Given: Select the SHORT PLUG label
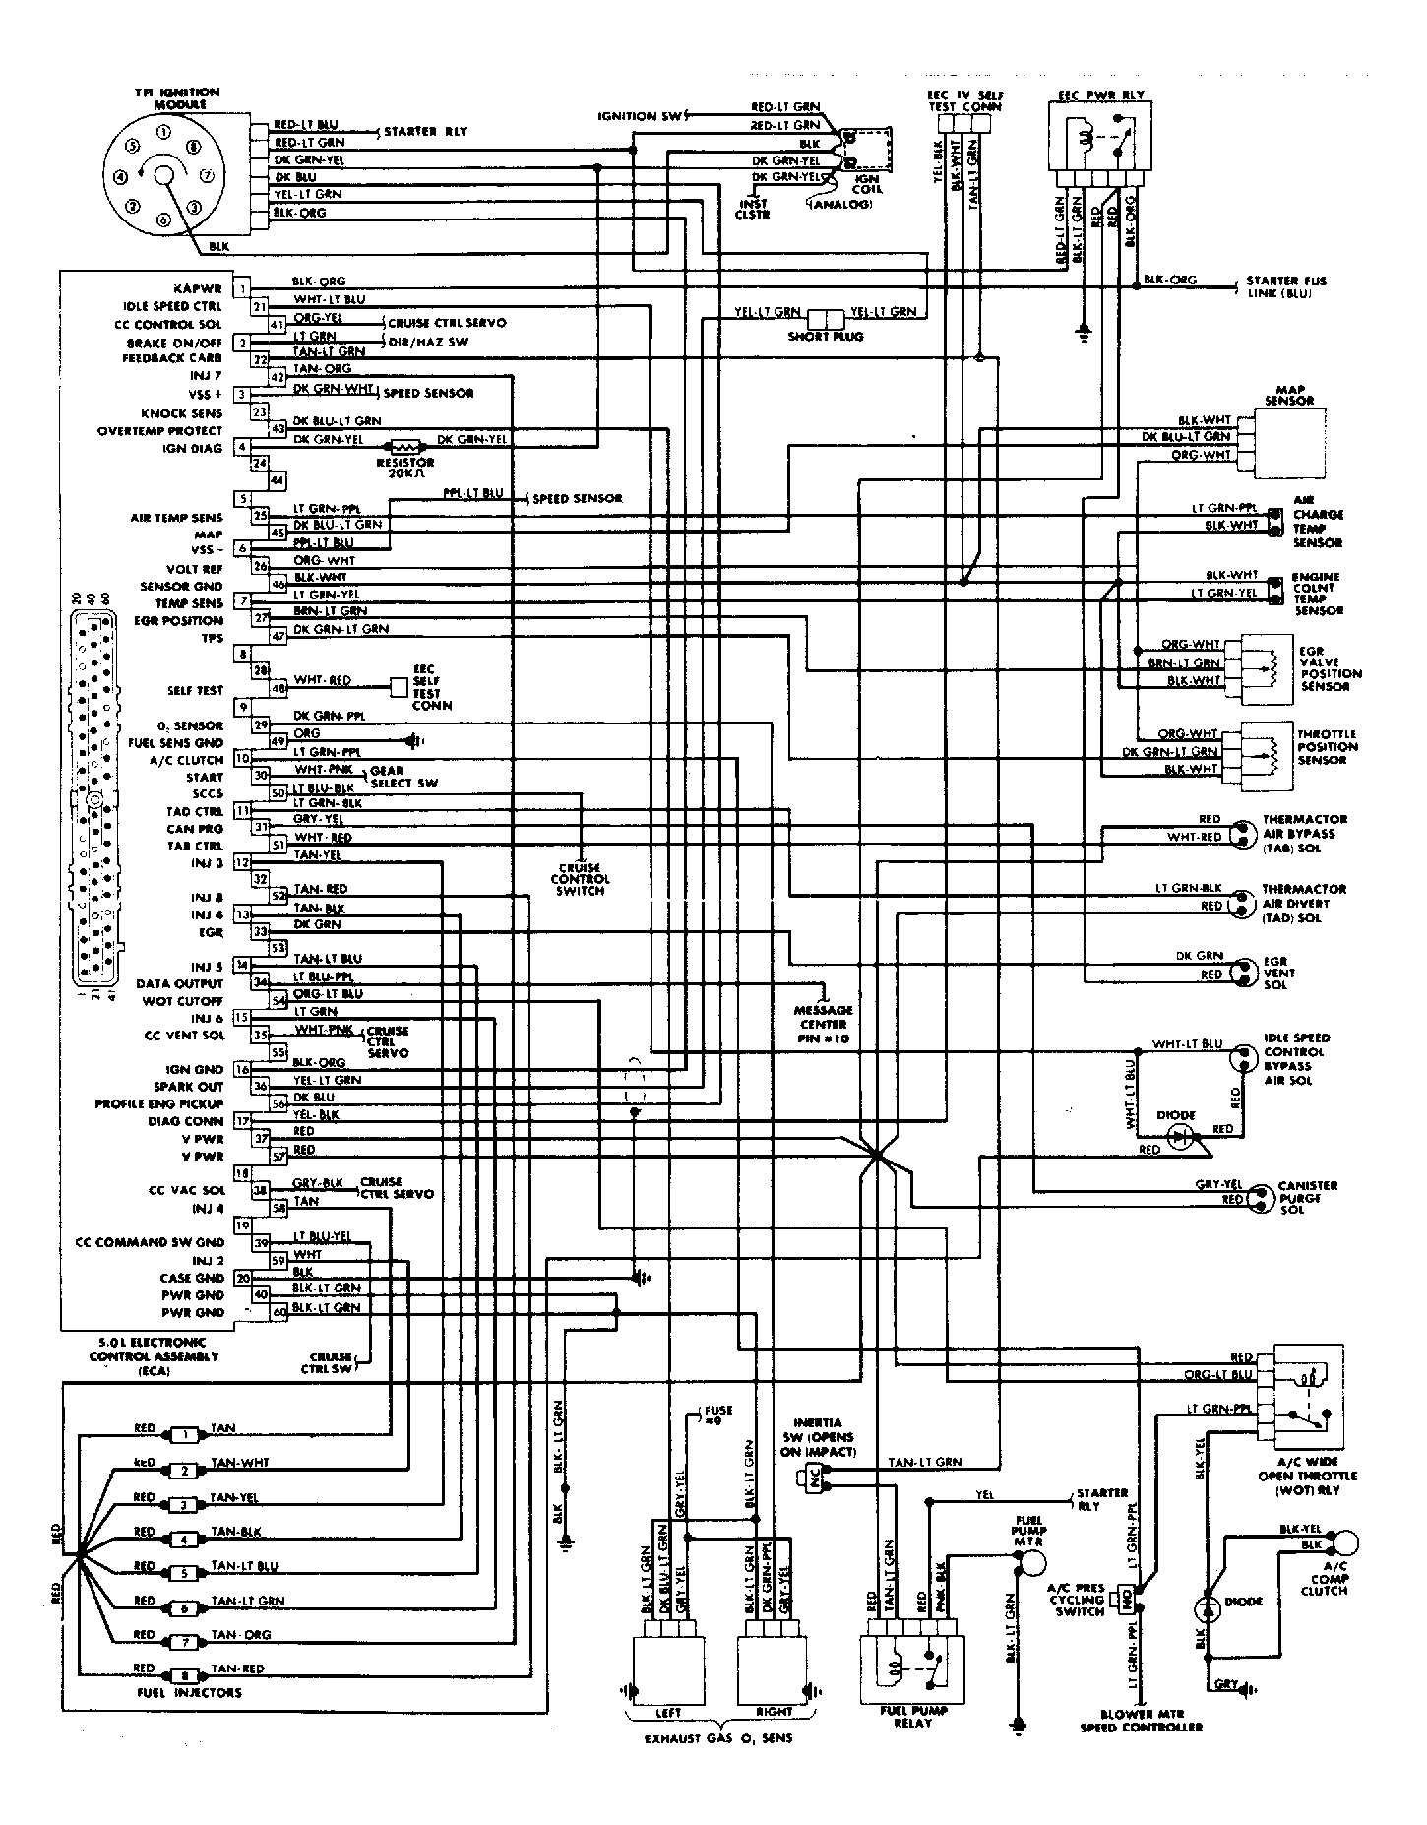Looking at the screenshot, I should click(x=827, y=336).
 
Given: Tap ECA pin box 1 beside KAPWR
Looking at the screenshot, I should click(x=242, y=289).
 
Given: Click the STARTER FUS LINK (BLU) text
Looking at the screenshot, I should click(x=1285, y=286).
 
